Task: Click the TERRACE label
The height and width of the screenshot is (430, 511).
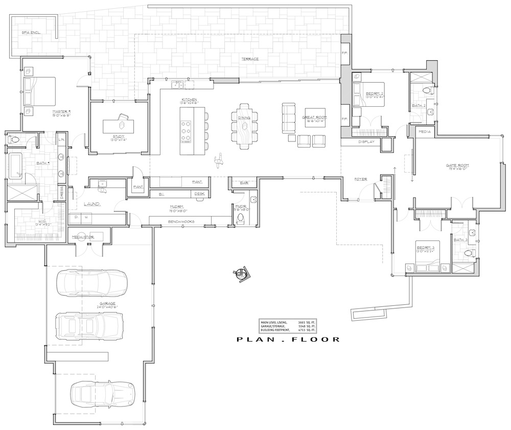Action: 250,59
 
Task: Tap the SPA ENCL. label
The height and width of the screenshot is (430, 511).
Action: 31,32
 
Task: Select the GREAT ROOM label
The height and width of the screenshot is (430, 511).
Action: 314,117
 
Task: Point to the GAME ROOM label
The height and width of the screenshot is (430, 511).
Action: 457,165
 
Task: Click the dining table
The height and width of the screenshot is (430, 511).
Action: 245,125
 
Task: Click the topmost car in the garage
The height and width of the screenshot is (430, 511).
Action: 92,282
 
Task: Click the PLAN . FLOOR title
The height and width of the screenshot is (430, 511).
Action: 288,339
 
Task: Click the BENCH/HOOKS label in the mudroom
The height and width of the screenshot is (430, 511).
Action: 181,221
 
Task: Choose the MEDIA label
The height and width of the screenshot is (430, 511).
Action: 425,132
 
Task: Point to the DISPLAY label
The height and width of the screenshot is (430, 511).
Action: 366,141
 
